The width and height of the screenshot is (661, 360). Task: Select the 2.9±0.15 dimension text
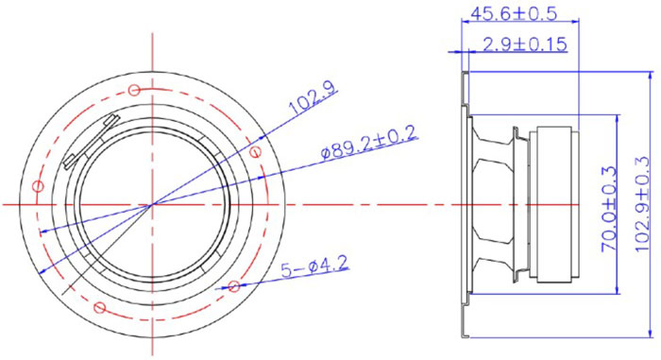coord(525,43)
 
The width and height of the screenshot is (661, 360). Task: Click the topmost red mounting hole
coord(134,91)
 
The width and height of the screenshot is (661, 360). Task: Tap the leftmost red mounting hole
coord(38,185)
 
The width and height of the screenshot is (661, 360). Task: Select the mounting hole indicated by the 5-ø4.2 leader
coord(234,285)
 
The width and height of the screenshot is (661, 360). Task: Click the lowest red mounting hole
coord(100,305)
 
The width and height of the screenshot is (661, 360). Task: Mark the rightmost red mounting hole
coord(252,147)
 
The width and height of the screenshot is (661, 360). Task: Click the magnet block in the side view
coord(552,204)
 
